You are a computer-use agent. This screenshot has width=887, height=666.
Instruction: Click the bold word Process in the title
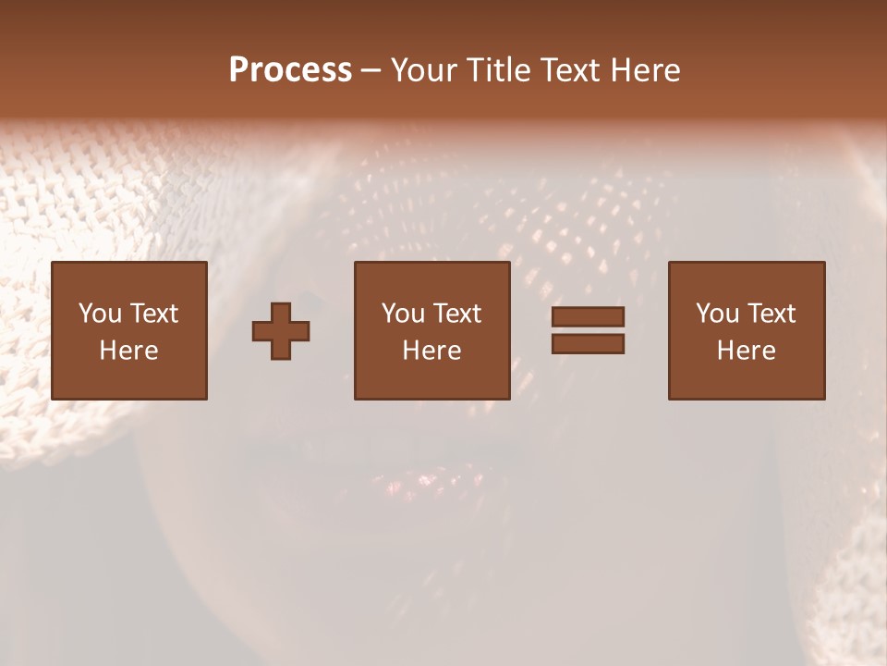[x=290, y=70]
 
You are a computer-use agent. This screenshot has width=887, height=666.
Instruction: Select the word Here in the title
[x=644, y=70]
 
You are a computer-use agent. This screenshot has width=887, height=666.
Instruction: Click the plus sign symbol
[x=281, y=331]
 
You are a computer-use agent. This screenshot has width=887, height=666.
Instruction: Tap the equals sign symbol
[x=588, y=330]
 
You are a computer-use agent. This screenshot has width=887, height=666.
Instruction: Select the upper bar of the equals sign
[x=588, y=317]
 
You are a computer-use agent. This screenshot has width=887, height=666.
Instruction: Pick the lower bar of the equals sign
[x=588, y=344]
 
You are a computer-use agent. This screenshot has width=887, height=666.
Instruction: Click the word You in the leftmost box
[x=100, y=314]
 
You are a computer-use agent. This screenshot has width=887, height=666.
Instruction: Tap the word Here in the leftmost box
[x=128, y=351]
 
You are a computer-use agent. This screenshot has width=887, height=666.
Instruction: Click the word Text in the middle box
[x=457, y=314]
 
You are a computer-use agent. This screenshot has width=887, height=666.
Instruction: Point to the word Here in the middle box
[x=431, y=351]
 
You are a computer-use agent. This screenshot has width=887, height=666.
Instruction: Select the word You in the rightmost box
[x=717, y=314]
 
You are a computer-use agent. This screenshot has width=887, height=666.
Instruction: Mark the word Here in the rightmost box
[x=746, y=351]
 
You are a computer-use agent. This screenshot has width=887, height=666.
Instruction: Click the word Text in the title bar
[x=571, y=70]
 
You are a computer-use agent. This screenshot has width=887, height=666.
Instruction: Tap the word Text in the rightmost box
[x=772, y=314]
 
